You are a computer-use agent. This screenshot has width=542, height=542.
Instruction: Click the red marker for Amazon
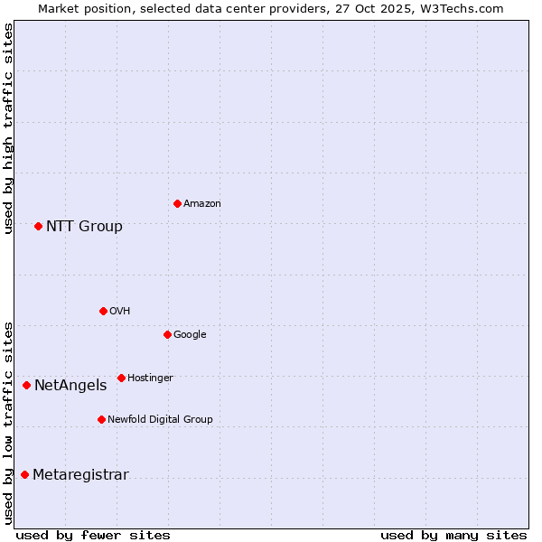(177, 203)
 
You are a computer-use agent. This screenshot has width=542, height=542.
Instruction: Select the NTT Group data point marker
(38, 226)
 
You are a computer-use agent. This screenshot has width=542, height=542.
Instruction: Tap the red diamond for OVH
(103, 311)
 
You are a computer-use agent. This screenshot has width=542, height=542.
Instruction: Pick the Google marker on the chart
(167, 334)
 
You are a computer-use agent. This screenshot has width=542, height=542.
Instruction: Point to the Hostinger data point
(121, 378)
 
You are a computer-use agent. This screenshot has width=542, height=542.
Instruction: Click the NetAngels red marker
(26, 385)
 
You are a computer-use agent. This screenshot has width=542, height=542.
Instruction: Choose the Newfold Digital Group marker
(101, 419)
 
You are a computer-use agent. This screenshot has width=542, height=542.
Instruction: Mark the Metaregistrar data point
(24, 474)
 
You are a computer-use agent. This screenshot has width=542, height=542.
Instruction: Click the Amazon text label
(202, 204)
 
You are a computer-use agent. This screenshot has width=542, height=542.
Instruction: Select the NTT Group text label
(84, 227)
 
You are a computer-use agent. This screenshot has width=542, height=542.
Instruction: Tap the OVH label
(120, 312)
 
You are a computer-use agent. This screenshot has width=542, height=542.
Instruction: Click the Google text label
(190, 335)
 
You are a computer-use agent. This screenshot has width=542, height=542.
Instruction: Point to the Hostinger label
(150, 378)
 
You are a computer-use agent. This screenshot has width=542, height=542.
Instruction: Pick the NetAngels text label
(70, 386)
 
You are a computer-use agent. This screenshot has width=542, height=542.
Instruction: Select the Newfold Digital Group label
(160, 420)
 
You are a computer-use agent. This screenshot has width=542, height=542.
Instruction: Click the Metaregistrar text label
(80, 475)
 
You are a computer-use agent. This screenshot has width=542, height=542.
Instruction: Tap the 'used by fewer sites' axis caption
(93, 535)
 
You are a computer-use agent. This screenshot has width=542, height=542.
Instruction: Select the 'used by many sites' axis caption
(453, 535)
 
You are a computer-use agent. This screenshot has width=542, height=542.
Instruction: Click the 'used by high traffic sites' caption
(8, 128)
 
